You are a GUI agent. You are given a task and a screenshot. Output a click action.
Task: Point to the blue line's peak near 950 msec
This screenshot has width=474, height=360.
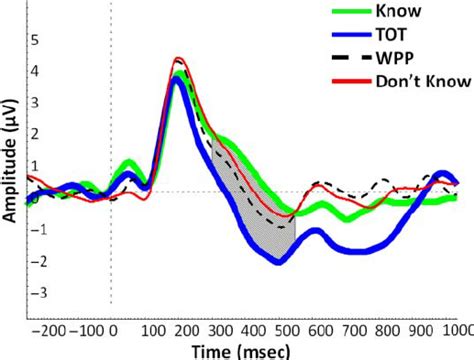pyautogui.click(x=442, y=174)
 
